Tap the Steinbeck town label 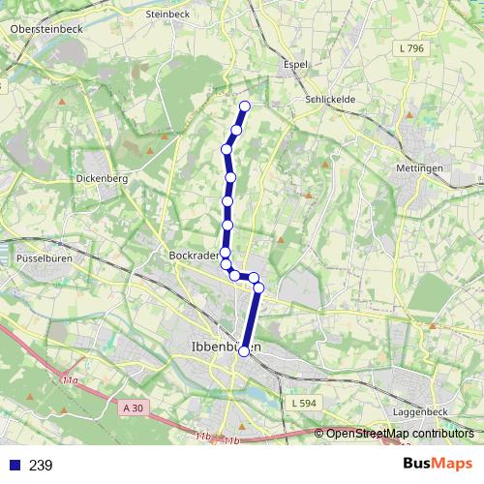(166, 15)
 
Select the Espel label (294, 65)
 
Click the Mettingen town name (418, 167)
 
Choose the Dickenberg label (102, 179)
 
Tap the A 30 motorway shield (135, 408)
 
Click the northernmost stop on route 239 (245, 106)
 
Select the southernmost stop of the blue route (244, 351)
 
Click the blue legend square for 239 (14, 466)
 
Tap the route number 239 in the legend (41, 466)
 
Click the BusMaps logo (437, 465)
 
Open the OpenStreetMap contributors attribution (400, 434)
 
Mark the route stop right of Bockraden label (225, 253)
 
